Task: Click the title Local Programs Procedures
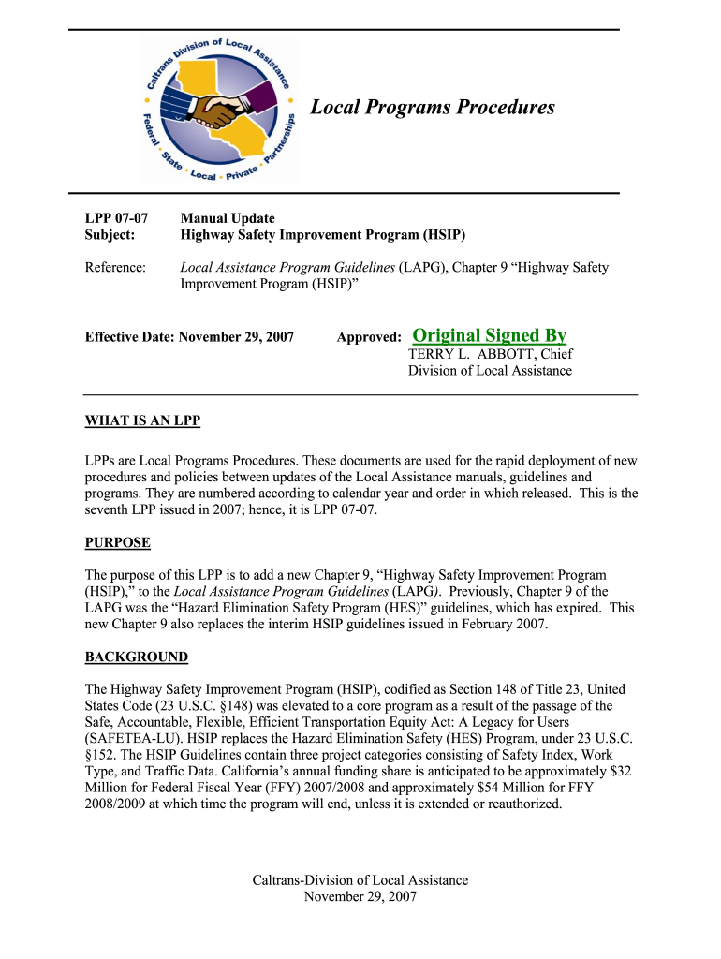pos(433,108)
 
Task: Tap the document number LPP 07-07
pos(117,217)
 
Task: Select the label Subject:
pos(110,234)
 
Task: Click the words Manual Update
pos(228,217)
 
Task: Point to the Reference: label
pos(115,267)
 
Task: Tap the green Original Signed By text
pos(489,335)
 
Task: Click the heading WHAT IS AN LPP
pos(142,421)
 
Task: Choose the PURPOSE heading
pos(118,542)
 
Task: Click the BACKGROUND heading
pos(137,657)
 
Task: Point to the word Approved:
pos(369,335)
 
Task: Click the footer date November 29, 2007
pos(360,896)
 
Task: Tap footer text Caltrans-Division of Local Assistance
pos(360,880)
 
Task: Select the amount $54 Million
pos(525,788)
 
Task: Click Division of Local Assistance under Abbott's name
pos(490,371)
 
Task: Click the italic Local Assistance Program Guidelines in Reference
pos(287,267)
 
